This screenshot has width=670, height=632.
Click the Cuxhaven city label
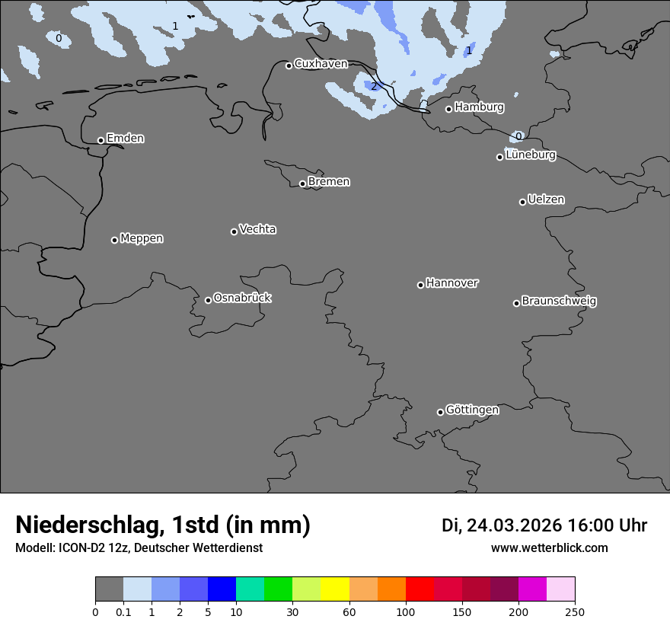point(321,64)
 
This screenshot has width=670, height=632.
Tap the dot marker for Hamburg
point(449,109)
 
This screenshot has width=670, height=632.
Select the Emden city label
point(125,139)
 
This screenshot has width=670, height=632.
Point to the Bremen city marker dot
point(302,184)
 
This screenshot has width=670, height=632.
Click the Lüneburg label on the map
point(530,155)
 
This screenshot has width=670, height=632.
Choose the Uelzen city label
point(546,199)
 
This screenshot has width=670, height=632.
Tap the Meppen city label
point(142,238)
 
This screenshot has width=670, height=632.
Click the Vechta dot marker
point(234,231)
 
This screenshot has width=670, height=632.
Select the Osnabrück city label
point(242,298)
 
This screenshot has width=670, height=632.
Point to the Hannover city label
point(452,283)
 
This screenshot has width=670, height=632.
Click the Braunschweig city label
point(559,302)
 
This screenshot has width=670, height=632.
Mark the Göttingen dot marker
point(440,412)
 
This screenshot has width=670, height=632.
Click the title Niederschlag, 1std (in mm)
point(163,525)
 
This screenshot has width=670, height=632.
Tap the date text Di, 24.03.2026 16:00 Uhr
point(544,525)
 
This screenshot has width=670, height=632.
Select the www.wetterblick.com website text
point(549,548)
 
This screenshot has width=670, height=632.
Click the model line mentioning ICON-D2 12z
point(139,548)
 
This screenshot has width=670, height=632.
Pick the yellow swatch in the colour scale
point(335,589)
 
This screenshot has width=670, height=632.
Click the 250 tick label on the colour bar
point(575,611)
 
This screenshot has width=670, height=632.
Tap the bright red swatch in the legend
point(420,589)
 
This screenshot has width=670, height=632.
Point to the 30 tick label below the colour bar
point(292,611)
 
